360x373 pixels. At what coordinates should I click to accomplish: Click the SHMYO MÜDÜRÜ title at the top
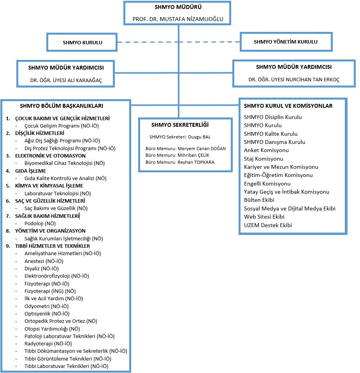click(178, 7)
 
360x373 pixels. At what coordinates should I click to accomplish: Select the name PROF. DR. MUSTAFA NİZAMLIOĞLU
click(178, 19)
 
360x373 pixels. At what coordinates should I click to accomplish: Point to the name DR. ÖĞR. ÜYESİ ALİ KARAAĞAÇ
click(66, 81)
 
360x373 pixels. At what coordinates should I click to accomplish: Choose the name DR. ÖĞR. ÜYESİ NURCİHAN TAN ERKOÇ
click(294, 79)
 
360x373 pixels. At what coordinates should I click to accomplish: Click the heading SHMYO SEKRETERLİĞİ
click(180, 125)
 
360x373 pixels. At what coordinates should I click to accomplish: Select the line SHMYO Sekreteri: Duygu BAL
click(180, 137)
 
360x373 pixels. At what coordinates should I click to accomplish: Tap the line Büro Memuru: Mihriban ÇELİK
click(177, 155)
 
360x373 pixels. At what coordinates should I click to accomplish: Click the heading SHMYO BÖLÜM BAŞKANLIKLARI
click(61, 106)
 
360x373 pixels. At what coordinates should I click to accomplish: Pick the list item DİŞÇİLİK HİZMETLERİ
click(40, 133)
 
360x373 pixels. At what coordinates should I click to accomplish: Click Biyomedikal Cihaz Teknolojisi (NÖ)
click(65, 163)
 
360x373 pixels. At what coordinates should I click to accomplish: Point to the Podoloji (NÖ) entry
click(40, 223)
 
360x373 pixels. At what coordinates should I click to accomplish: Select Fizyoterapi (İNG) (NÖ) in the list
click(50, 291)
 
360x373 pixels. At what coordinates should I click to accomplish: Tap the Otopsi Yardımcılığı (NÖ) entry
click(52, 329)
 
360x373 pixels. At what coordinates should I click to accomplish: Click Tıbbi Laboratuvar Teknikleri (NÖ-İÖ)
click(66, 366)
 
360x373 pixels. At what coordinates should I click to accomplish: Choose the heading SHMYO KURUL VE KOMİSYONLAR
click(288, 106)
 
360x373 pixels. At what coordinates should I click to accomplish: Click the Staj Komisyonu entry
click(263, 159)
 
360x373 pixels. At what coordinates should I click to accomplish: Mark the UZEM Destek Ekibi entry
click(268, 225)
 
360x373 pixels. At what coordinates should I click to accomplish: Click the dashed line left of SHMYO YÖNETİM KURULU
click(179, 42)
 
